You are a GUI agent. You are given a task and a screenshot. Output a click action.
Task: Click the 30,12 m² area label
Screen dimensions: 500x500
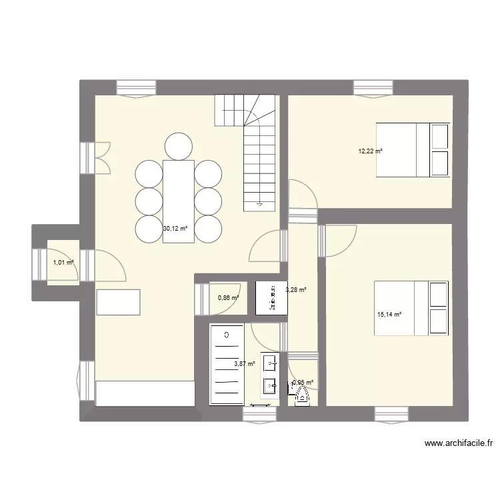point(175,228)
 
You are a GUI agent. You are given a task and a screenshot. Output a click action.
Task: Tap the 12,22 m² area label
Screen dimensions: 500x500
point(371,151)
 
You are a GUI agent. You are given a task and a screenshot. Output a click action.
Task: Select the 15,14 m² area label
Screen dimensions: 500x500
point(389,315)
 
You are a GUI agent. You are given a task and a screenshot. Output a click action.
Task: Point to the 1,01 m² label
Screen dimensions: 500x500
point(63,263)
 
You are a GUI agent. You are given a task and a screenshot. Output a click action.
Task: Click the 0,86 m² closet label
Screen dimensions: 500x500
point(228,298)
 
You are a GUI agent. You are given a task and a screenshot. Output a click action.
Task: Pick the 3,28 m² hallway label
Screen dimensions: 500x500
point(296,290)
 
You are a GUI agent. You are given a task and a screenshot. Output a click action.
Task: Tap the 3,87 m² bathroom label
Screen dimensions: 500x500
point(245,364)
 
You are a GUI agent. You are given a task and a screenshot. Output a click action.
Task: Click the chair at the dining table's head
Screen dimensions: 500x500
point(178,146)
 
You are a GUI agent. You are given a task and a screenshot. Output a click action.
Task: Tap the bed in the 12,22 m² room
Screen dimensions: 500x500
point(413,149)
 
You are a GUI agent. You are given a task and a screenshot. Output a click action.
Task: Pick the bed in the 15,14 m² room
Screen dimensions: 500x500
point(411,308)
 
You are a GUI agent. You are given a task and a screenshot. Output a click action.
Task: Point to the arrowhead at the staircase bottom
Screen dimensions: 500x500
point(260,205)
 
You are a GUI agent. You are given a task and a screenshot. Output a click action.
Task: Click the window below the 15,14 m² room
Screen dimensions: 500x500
point(391,414)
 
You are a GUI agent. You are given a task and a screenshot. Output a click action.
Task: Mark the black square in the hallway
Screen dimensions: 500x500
point(271,297)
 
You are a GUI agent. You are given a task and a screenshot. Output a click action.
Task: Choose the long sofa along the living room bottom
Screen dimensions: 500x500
point(145,393)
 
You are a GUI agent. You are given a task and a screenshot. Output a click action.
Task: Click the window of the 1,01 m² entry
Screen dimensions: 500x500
point(39,263)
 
